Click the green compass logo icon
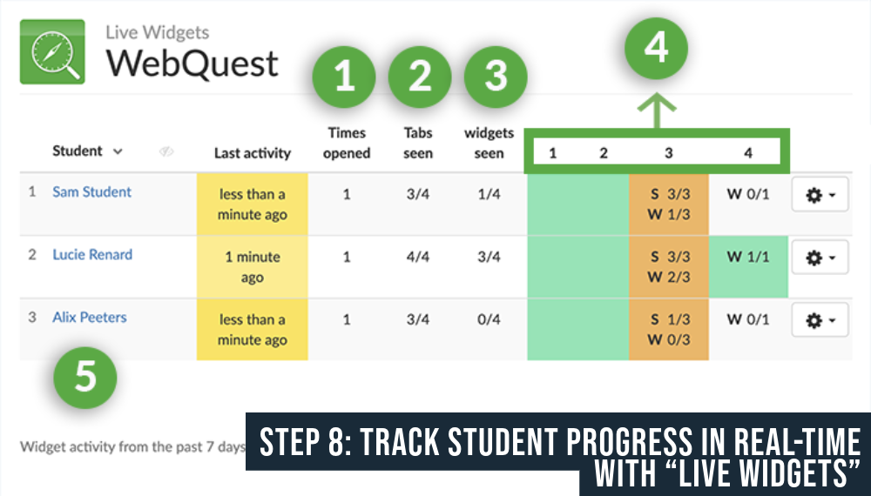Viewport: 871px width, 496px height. [51, 52]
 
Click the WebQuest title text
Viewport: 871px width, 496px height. [192, 64]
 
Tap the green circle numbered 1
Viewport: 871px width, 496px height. [344, 77]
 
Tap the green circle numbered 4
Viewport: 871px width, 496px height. [656, 49]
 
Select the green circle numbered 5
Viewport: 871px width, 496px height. [85, 379]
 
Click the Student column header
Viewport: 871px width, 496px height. [78, 151]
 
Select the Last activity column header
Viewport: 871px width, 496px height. [252, 153]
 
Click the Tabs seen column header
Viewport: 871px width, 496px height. [419, 143]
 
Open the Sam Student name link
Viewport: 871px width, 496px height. [91, 191]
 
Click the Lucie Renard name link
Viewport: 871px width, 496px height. [92, 254]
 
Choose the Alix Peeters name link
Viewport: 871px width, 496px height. [90, 317]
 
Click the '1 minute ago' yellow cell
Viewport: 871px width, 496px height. [252, 267]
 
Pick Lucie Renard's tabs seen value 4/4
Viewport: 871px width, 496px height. [419, 257]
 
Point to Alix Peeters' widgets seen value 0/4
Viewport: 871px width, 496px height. [489, 319]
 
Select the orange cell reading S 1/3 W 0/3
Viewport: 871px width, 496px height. [669, 329]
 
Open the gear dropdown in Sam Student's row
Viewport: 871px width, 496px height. [820, 196]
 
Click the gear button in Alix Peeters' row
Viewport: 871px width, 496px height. [820, 321]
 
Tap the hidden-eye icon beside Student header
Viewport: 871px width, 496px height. [166, 151]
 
